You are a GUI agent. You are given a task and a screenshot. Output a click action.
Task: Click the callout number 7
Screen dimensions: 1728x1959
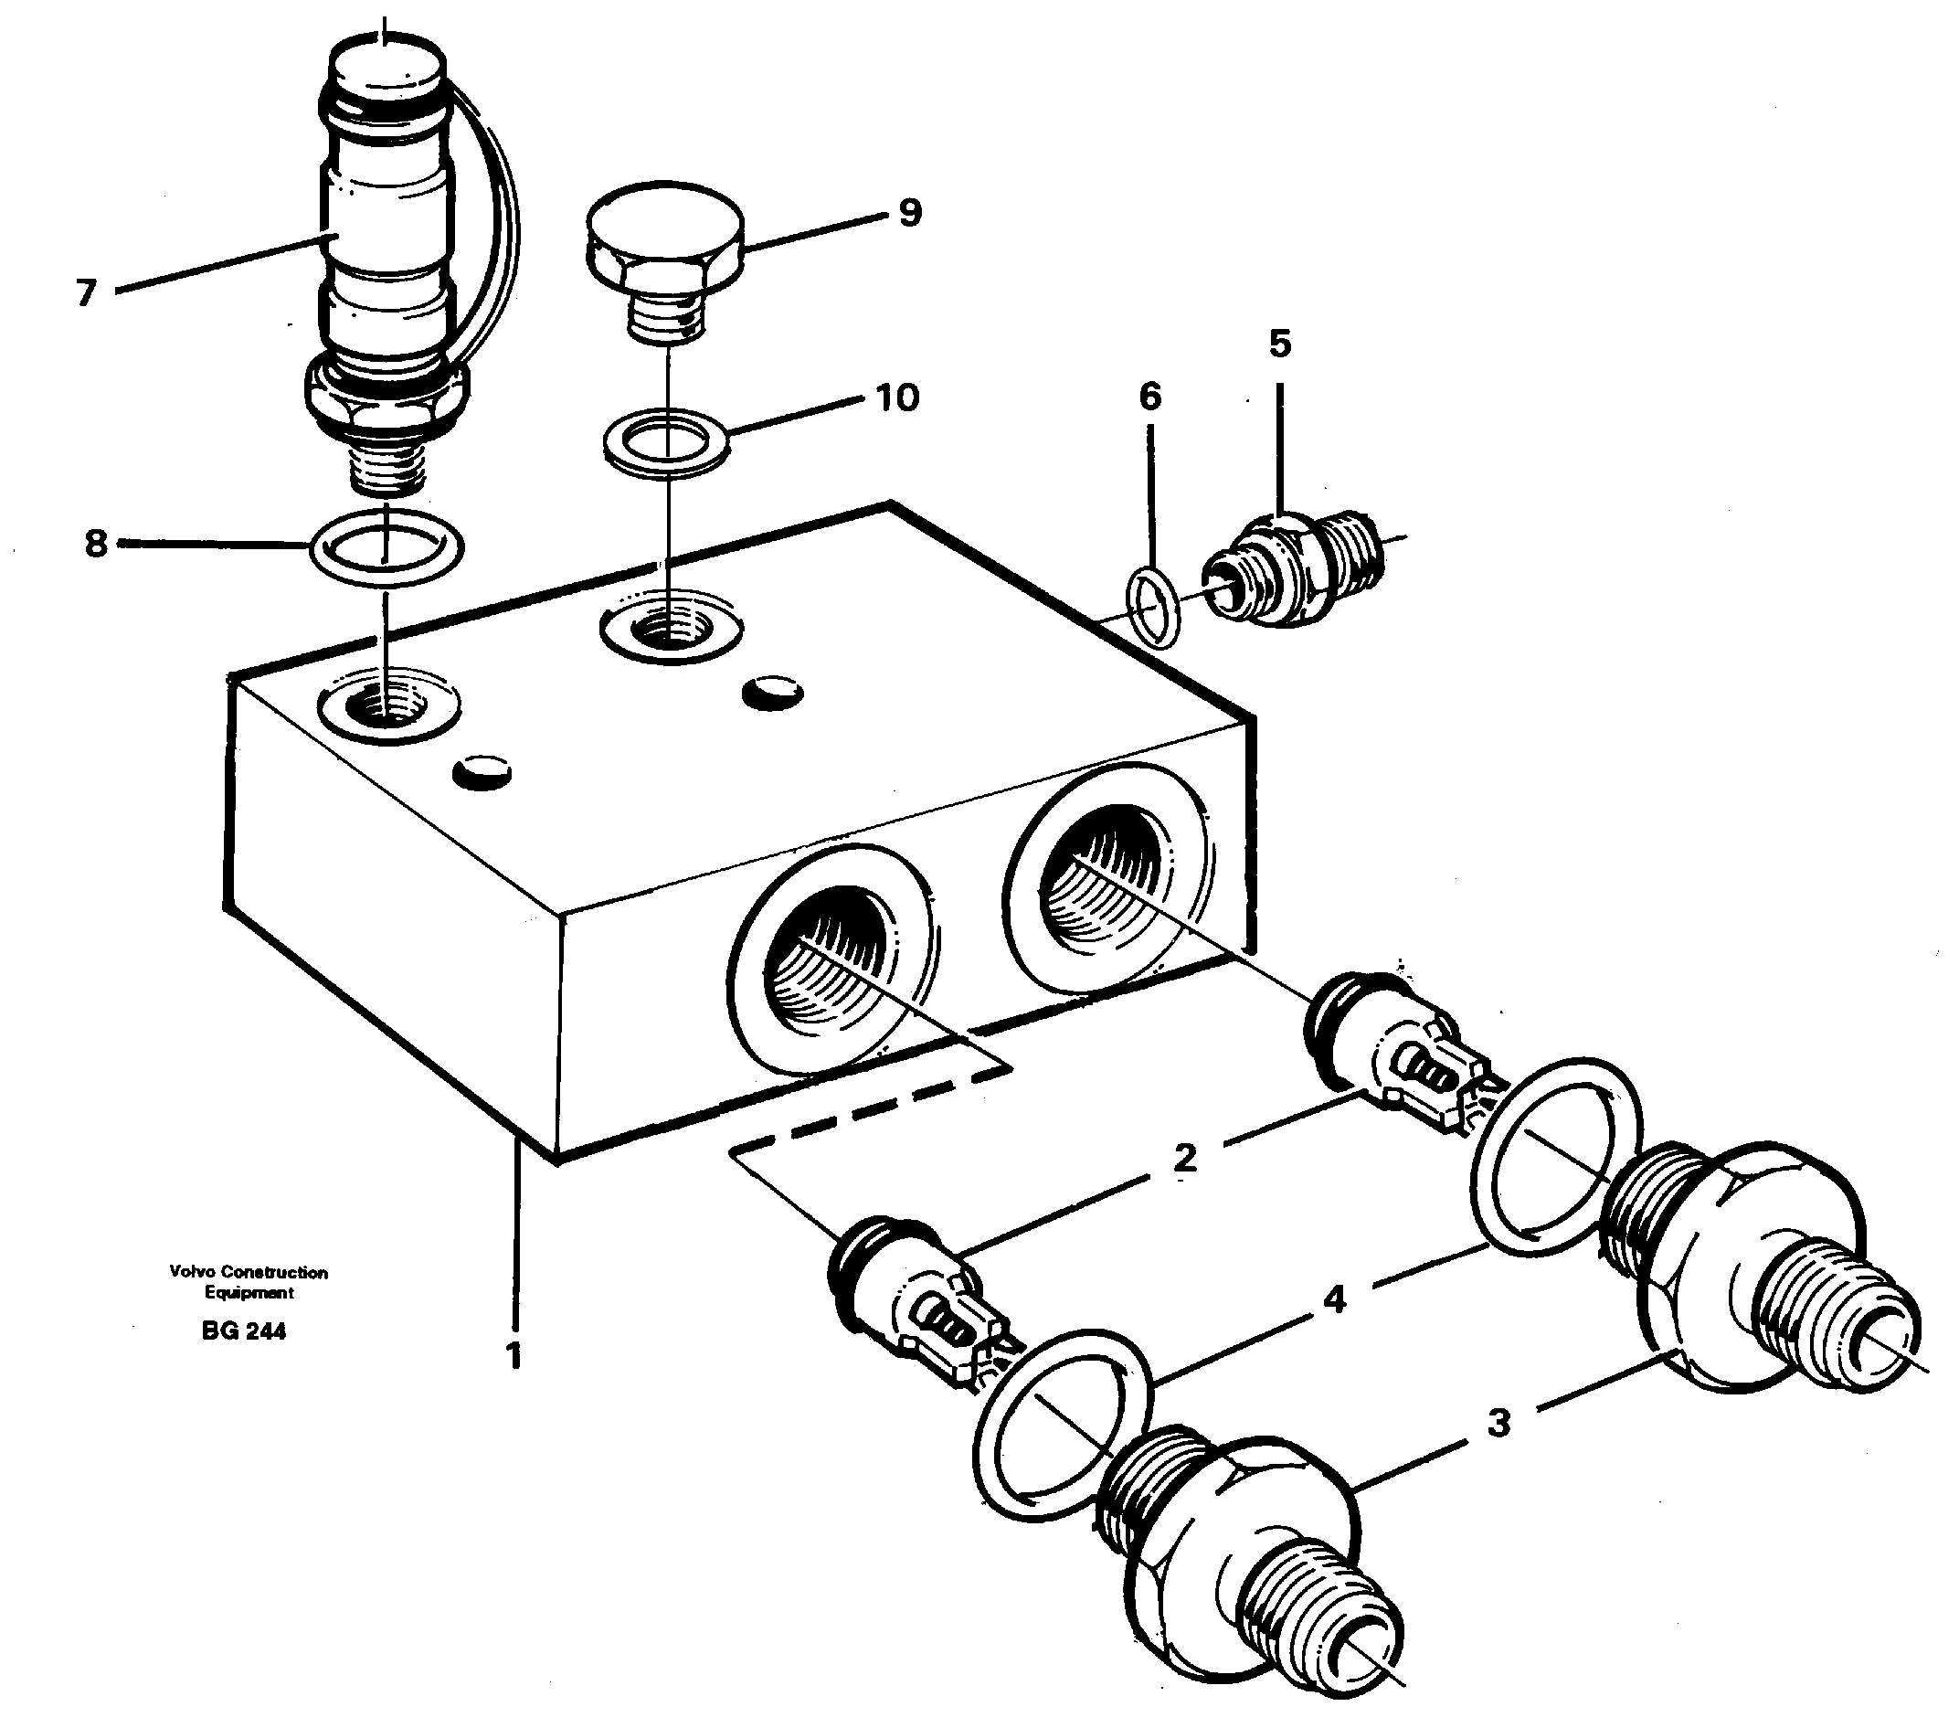pos(86,292)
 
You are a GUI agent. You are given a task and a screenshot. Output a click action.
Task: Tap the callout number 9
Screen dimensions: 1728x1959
pos(909,212)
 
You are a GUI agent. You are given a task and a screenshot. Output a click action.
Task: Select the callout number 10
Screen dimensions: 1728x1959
pos(897,396)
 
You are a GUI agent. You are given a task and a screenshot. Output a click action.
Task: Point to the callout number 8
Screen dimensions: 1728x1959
pos(95,544)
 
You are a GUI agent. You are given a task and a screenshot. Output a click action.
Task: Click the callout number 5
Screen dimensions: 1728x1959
pos(1279,343)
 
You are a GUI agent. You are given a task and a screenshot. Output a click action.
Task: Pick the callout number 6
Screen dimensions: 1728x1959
pos(1149,396)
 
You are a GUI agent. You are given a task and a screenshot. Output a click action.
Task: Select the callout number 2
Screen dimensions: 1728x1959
pos(1186,1158)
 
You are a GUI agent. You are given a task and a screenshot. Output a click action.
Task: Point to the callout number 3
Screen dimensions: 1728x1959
pos(1499,1422)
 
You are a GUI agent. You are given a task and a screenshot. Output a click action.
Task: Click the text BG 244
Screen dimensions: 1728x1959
pos(243,1331)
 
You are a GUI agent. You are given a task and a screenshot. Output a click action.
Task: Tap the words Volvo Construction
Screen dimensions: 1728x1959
pos(249,1272)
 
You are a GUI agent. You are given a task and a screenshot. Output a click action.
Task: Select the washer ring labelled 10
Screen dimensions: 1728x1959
pos(665,440)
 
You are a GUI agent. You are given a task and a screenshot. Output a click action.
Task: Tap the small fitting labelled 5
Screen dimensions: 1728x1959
pos(1294,572)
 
